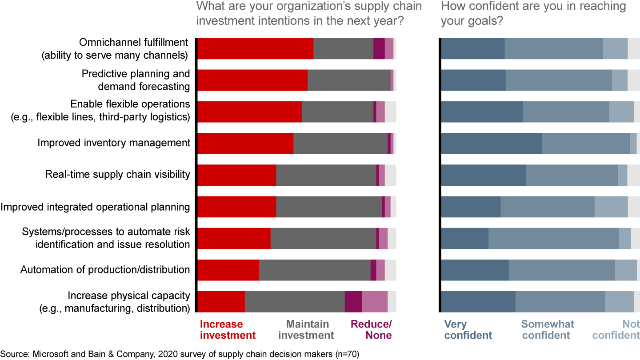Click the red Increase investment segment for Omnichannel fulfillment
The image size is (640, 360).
click(255, 48)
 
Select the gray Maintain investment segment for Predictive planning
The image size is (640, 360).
click(349, 80)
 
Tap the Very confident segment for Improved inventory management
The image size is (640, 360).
click(491, 143)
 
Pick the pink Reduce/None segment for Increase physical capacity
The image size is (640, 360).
click(375, 302)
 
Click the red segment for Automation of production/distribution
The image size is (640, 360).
click(228, 270)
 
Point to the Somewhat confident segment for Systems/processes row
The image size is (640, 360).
click(553, 239)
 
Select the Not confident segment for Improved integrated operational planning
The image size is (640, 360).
click(611, 207)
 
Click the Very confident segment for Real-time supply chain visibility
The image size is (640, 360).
click(483, 175)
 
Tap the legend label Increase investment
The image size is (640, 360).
click(228, 329)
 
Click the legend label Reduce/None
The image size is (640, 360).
click(371, 329)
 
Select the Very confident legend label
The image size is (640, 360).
click(468, 329)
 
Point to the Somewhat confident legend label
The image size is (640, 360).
click(548, 329)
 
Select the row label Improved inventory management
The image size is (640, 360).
click(114, 143)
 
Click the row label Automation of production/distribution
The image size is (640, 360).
click(105, 270)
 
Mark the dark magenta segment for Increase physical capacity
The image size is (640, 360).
click(353, 302)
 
